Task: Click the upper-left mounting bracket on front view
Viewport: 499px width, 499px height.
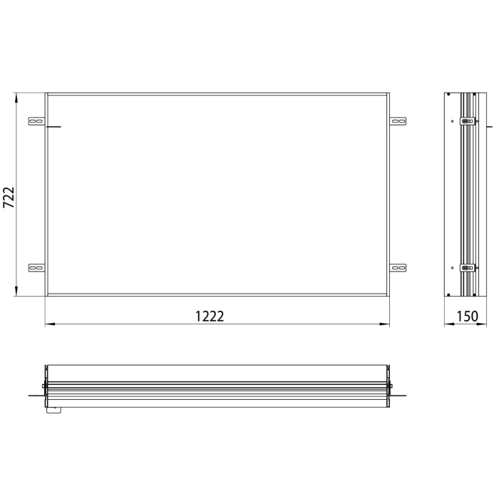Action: pos(36,122)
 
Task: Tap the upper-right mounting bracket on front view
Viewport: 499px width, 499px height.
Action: pos(398,122)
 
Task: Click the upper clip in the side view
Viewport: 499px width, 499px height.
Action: pos(468,121)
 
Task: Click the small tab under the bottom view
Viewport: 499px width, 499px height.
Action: pos(53,409)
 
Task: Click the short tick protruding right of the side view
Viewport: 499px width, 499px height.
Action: pos(488,126)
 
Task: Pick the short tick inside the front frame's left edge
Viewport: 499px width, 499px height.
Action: pos(54,128)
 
